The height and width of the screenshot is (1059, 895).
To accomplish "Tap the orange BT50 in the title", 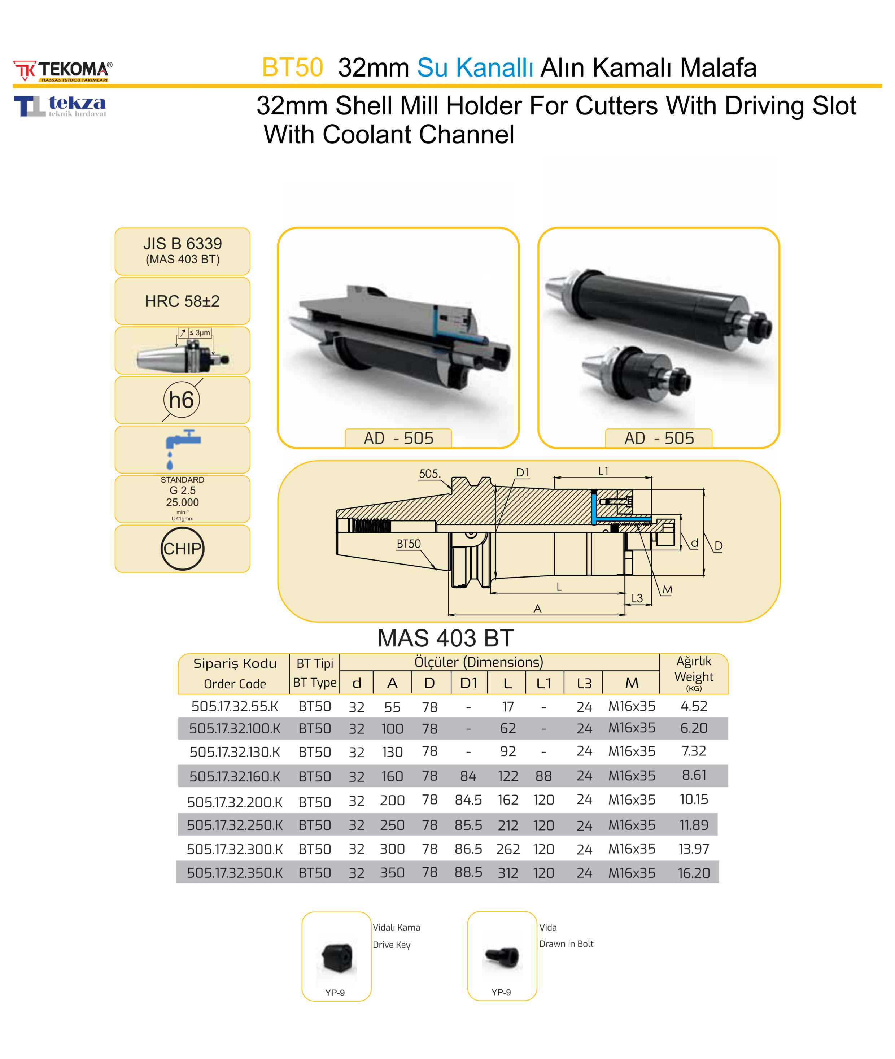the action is [292, 67].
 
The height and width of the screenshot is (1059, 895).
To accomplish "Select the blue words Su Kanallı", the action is [475, 67].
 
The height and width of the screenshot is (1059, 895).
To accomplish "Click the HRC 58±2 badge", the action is [182, 301].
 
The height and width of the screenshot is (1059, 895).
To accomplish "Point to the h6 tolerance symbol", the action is [182, 400].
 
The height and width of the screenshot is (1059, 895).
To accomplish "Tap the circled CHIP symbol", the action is [182, 549].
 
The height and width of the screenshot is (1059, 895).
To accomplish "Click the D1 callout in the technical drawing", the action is [523, 473].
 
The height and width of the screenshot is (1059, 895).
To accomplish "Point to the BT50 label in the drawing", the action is [409, 544].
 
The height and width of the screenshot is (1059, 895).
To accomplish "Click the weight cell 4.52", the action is [694, 706].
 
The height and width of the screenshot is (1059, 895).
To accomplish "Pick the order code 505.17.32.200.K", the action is [235, 802].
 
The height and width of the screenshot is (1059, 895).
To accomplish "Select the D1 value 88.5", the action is [468, 872].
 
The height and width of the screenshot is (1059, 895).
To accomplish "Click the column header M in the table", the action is [632, 683].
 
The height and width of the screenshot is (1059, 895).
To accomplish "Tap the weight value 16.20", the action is [694, 873].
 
